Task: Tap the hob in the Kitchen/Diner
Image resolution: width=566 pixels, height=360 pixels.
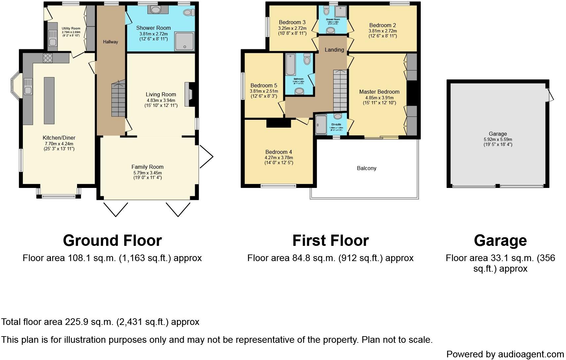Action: tap(48, 58)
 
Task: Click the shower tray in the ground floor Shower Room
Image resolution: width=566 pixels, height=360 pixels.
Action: tap(184, 41)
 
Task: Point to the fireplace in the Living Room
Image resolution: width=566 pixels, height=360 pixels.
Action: tap(190, 94)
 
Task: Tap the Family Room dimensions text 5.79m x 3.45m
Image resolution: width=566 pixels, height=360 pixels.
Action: tap(147, 173)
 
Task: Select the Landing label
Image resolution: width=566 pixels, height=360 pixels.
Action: tap(334, 50)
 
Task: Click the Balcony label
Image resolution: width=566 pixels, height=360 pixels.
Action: tap(366, 168)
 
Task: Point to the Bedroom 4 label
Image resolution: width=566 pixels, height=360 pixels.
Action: tap(278, 152)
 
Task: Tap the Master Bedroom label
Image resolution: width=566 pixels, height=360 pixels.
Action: tap(379, 92)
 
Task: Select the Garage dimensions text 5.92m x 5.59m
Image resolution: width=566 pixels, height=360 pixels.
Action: tap(498, 139)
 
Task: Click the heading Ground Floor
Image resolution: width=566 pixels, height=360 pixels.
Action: tap(112, 241)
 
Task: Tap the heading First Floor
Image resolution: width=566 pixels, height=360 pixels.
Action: tap(330, 241)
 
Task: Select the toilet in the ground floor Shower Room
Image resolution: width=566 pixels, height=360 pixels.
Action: tap(188, 13)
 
